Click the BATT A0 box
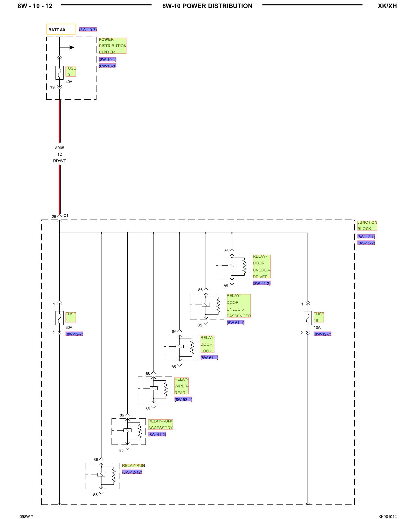coord(61,29)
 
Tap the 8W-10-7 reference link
coord(88,30)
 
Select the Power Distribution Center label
coord(112,46)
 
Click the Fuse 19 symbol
coord(59,73)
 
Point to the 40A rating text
coord(69,82)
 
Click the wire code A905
coord(59,148)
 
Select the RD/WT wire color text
coord(59,161)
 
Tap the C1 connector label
coord(66,215)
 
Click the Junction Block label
coord(367,226)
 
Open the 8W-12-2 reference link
coord(366,243)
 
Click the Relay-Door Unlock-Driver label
coord(261,267)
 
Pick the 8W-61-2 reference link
coord(261,283)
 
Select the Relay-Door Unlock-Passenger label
coord(239,306)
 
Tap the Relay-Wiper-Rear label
coord(181,386)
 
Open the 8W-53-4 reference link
coord(183,399)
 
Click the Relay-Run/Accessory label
coord(160,425)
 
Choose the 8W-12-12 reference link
coord(132,472)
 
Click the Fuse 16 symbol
coord(308,318)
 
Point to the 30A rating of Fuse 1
coord(69,327)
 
